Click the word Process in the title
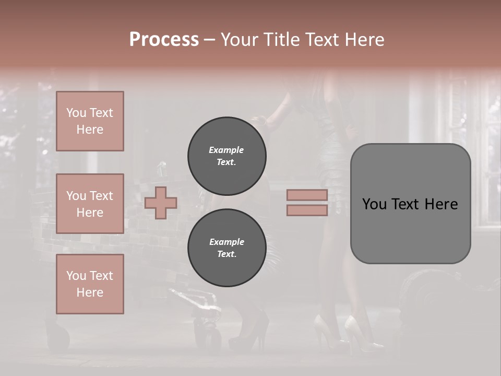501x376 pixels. [x=164, y=40]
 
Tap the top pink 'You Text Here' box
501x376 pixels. [x=90, y=121]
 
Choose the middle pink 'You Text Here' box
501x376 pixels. [x=90, y=204]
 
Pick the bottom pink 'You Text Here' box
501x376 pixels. [x=90, y=284]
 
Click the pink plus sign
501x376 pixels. [x=160, y=203]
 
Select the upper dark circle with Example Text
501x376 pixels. [x=226, y=156]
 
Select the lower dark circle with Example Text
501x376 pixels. [x=226, y=248]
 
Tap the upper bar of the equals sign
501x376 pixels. [x=307, y=195]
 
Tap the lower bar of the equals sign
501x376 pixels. [x=307, y=210]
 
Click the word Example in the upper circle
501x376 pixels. [x=226, y=150]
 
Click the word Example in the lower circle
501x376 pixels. [x=226, y=242]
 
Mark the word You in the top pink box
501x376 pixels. [x=76, y=113]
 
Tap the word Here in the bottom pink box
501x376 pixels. [x=90, y=292]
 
